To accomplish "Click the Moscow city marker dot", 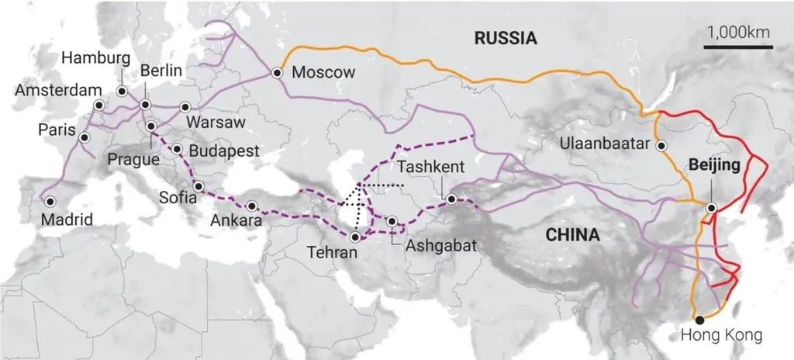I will pyautogui.click(x=277, y=73).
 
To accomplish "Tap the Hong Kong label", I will pyautogui.click(x=721, y=335).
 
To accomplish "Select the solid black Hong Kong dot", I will pyautogui.click(x=700, y=319).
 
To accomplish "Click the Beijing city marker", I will pyautogui.click(x=711, y=207).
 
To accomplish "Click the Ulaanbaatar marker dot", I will pyautogui.click(x=661, y=145).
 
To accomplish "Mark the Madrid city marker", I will pyautogui.click(x=50, y=201).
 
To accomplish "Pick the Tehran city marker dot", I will pyautogui.click(x=354, y=237).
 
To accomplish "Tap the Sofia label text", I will pyautogui.click(x=179, y=196).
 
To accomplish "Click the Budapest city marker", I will pyautogui.click(x=178, y=150).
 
